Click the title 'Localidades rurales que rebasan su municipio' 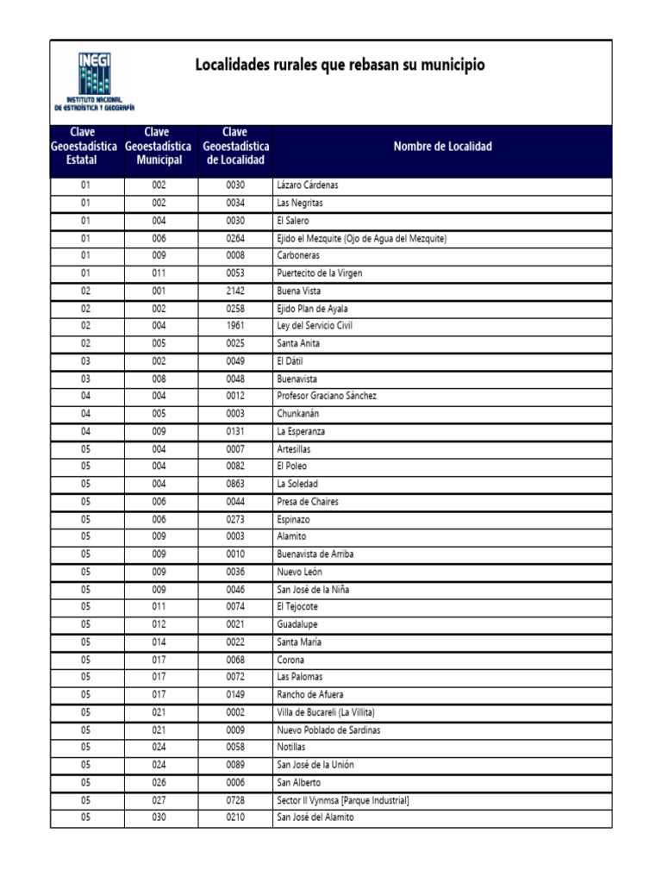coord(340,65)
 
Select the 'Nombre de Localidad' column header coord(442,147)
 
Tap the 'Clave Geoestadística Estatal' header coord(86,147)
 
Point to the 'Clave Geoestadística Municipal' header coord(160,147)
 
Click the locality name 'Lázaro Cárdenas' coord(307,185)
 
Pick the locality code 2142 coord(235,291)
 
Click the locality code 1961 coord(235,326)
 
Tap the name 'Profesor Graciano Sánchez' coord(326,396)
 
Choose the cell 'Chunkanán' coord(297,414)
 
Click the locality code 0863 coord(235,484)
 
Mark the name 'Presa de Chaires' coord(307,502)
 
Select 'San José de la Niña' coord(313,590)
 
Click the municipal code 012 coord(160,624)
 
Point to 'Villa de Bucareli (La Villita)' coord(325,712)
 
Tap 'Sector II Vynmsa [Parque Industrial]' coord(342,800)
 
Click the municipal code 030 coord(160,817)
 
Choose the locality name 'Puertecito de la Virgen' coord(319,273)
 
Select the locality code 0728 coord(235,800)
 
